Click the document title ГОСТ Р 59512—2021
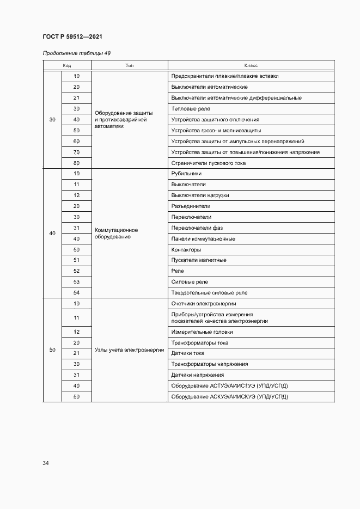pos(72,37)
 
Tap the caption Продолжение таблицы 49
pos(77,53)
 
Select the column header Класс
pos(251,65)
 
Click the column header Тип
pos(130,65)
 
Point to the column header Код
pos(67,65)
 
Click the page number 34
pos(46,463)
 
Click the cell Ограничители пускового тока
pos(209,163)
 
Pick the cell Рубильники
pos(186,174)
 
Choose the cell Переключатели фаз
pos(197,228)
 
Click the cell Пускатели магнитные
pos(199,260)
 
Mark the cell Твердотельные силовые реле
pos(209,293)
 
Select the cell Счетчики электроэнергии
pos(204,304)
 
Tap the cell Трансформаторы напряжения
pos(210,364)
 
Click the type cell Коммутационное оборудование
pos(116,234)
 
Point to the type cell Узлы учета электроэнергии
pos(129,350)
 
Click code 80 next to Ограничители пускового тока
pos(76,163)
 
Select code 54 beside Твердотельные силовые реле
pos(76,293)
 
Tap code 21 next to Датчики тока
pos(76,353)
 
